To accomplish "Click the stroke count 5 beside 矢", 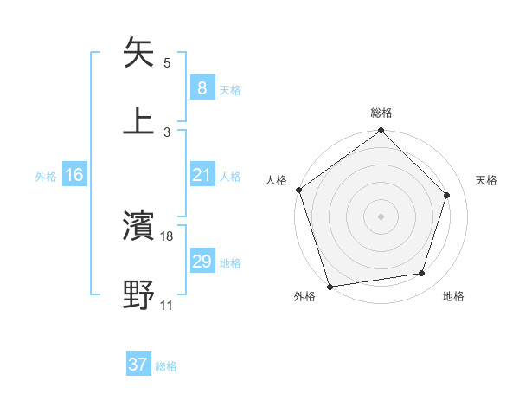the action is click(x=167, y=63).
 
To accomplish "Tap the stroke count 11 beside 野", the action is click(x=167, y=305).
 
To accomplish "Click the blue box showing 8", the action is click(x=202, y=88).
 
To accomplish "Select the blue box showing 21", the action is click(x=202, y=175).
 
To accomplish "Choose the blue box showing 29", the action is click(x=202, y=262).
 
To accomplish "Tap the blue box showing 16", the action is click(x=74, y=175).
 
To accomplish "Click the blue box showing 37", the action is click(x=138, y=365).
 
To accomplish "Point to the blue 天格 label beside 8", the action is click(x=230, y=89).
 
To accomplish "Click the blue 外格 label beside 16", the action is click(x=46, y=176).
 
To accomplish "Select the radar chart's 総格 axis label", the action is click(x=381, y=113).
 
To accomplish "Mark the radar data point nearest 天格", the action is click(x=447, y=195).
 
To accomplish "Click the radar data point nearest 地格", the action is click(x=422, y=274).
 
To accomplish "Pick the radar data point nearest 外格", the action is click(x=329, y=286).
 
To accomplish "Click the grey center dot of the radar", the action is click(x=381, y=216).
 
